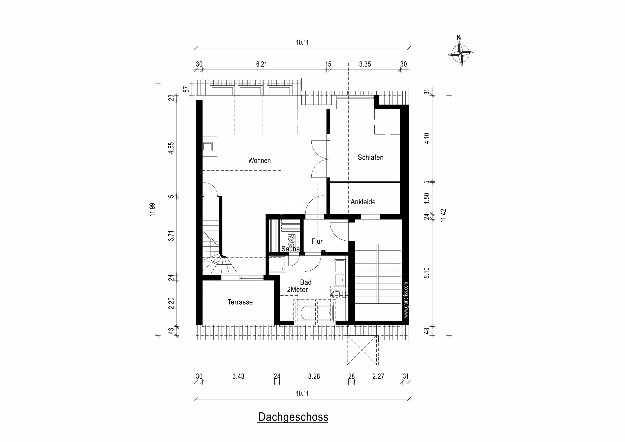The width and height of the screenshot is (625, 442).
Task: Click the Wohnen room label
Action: tap(259, 161)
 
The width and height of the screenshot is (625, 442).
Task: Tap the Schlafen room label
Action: tap(371, 157)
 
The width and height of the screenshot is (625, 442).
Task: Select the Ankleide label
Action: tap(363, 202)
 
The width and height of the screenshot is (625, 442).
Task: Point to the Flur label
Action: tap(317, 241)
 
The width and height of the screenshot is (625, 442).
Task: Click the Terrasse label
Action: tap(240, 302)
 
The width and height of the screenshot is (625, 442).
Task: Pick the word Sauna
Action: tap(290, 249)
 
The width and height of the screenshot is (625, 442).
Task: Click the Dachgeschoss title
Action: tap(293, 417)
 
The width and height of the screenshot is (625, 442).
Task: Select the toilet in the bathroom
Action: tap(338, 294)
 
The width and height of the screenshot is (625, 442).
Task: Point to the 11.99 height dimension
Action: tap(152, 209)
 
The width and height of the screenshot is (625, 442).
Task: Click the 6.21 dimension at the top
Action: tap(261, 64)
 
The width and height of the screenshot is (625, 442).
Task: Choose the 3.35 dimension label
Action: tap(365, 64)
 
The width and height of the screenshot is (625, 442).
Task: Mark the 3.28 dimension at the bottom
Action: tap(314, 376)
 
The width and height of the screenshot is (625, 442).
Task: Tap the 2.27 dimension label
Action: tap(378, 376)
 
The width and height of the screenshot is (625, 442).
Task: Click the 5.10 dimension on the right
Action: tap(426, 273)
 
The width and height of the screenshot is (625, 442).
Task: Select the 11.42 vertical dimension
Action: tap(443, 215)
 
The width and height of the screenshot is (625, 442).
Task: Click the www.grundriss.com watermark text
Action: tap(406, 300)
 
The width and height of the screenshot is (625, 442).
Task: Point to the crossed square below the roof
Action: tap(362, 351)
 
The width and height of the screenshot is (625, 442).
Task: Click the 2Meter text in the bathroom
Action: tap(297, 290)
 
